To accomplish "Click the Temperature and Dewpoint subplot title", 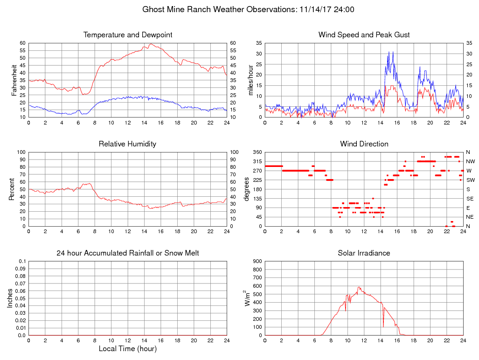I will tap(128, 35).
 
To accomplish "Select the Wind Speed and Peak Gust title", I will tap(364, 35).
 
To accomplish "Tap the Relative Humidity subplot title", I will tap(127, 144).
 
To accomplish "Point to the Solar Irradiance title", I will tap(364, 253).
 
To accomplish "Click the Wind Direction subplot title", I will tap(364, 144).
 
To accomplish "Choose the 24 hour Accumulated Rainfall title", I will tap(128, 253).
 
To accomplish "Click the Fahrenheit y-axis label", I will tap(14, 80).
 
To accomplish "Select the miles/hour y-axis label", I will tap(250, 80).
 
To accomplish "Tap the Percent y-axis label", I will tap(11, 189).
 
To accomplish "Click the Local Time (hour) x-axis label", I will tap(128, 349).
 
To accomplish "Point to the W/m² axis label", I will tap(248, 298).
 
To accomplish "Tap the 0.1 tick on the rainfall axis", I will tap(22, 261).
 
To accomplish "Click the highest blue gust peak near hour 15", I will tap(393, 52).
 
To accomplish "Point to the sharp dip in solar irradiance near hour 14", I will tap(383, 326).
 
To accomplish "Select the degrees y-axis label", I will tap(247, 189).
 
